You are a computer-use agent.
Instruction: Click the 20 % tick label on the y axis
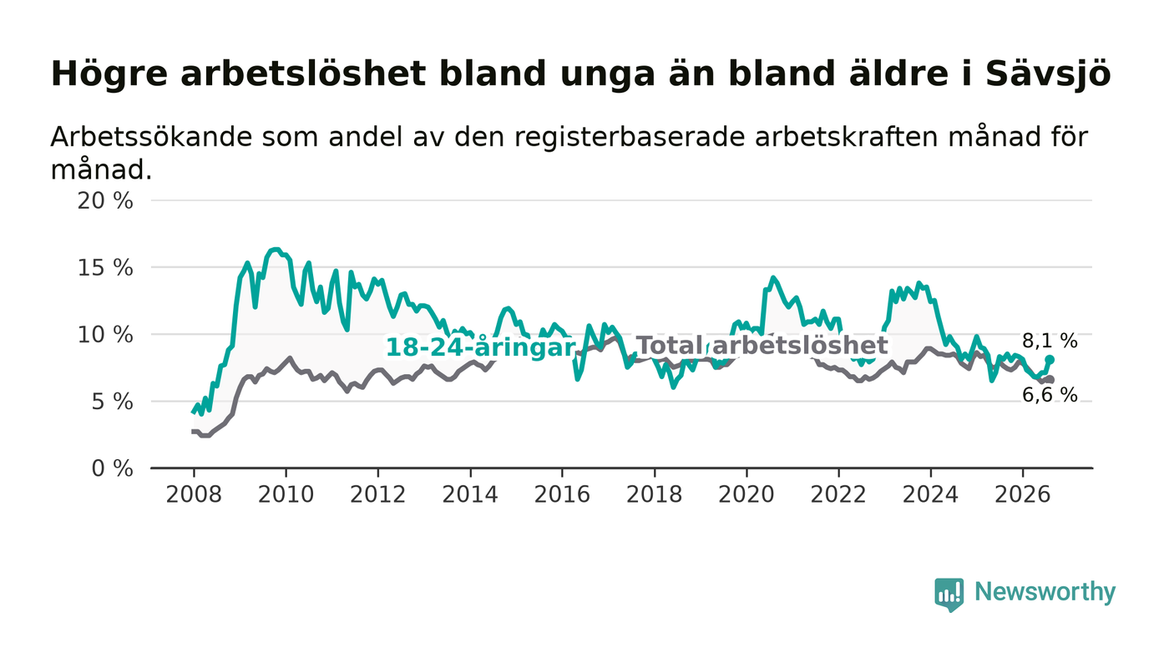click(x=105, y=200)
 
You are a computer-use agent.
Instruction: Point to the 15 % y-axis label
click(x=105, y=268)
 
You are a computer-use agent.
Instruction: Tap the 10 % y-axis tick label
click(x=105, y=335)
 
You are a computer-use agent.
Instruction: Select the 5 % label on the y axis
click(x=112, y=402)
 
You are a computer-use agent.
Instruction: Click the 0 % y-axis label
click(x=112, y=468)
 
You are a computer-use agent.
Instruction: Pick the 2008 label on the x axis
click(x=194, y=494)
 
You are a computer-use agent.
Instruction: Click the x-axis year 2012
click(x=377, y=494)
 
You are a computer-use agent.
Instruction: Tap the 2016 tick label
click(x=562, y=494)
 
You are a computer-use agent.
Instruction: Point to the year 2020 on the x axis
click(x=746, y=494)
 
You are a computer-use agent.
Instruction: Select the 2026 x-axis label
click(x=1022, y=494)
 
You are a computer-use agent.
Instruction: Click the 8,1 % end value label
click(x=1050, y=341)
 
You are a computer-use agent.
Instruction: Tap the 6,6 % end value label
click(x=1050, y=395)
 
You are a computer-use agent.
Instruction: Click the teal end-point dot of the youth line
click(x=1050, y=360)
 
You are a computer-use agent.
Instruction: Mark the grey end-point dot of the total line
click(x=1050, y=380)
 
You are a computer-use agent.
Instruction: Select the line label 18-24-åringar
click(x=480, y=347)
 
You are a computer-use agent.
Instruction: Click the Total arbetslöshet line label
click(x=762, y=346)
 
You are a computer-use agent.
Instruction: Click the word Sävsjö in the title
click(x=1048, y=74)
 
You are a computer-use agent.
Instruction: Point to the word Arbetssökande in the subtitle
click(x=151, y=137)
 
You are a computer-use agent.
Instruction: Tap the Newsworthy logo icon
click(x=949, y=595)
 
